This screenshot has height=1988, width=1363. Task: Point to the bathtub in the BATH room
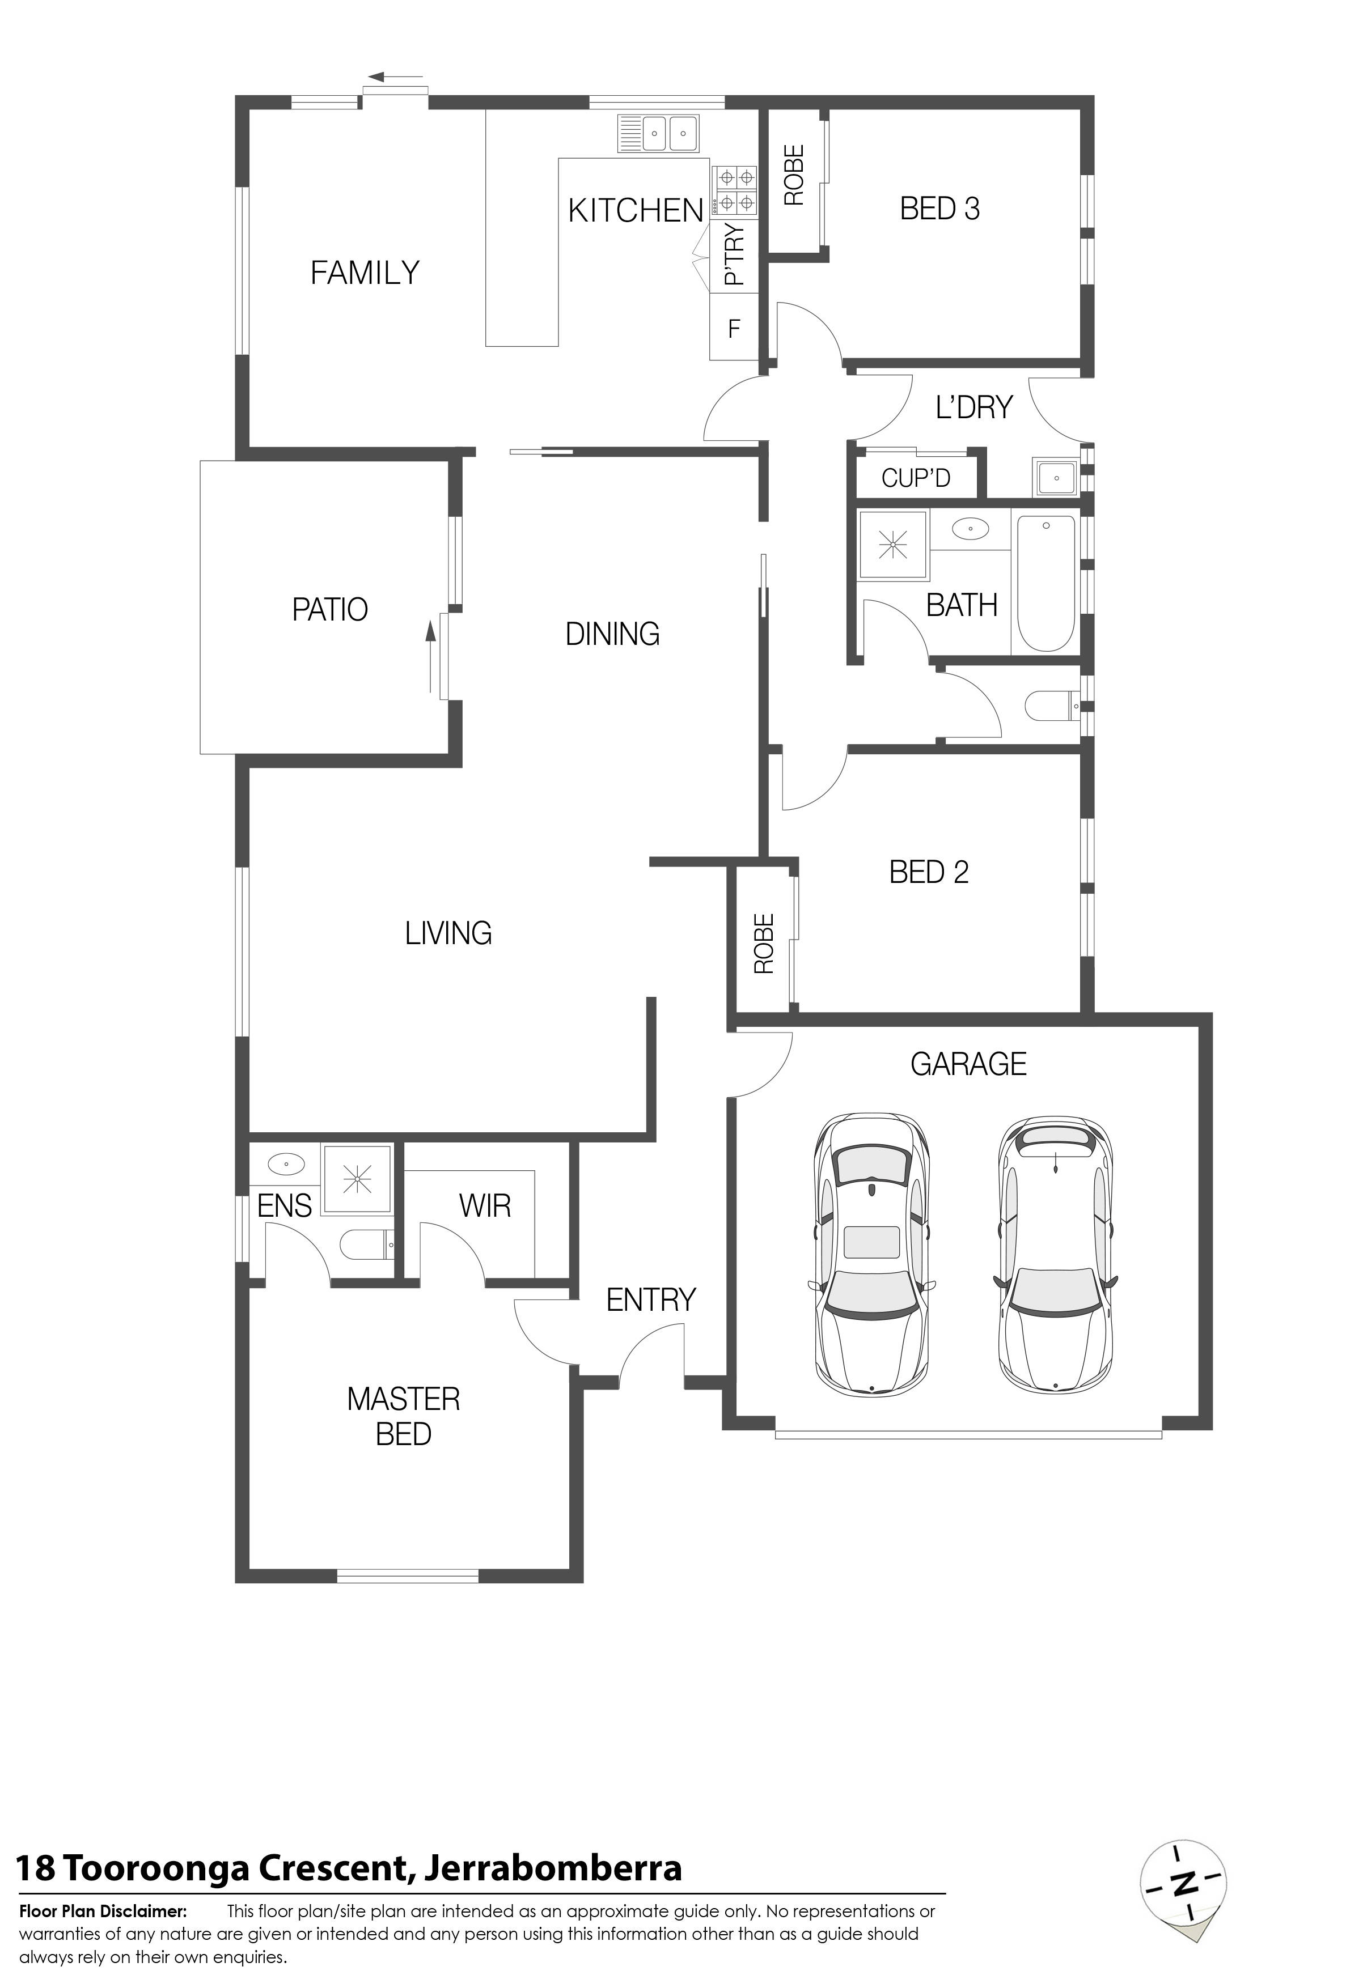click(1043, 583)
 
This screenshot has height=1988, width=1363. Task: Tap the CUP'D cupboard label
click(916, 477)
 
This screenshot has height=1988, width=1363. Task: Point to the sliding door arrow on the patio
click(431, 657)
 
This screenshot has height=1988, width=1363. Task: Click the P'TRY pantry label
click(734, 253)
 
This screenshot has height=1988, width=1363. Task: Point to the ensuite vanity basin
click(286, 1164)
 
